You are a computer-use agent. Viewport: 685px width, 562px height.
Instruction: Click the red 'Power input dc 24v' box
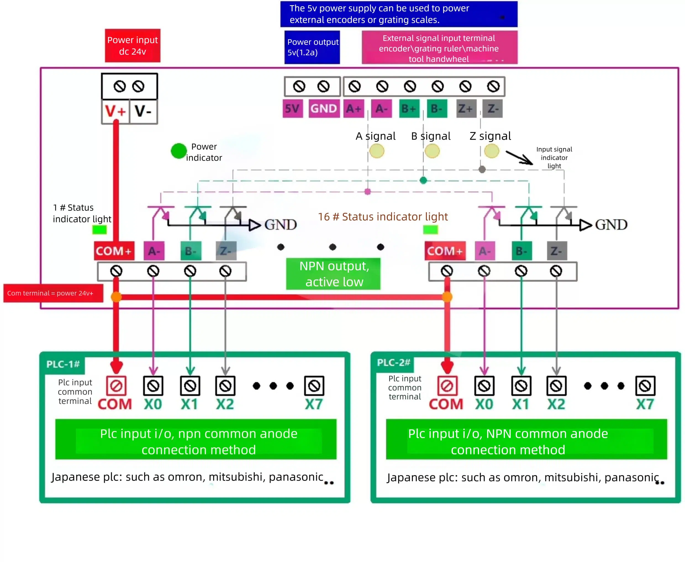133,46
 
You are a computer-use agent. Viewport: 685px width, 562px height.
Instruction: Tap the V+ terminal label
115,111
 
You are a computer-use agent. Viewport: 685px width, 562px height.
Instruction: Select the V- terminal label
143,111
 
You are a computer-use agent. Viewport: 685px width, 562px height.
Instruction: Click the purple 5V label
292,109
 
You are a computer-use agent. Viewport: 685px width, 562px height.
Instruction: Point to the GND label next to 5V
323,109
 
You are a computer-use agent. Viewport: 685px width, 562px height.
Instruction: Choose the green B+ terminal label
409,109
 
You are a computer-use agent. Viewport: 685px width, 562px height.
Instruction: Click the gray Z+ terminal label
465,109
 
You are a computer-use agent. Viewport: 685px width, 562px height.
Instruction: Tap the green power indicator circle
178,151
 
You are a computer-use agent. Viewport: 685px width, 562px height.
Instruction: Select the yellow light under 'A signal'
377,151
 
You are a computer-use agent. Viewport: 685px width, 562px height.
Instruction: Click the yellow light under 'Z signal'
491,151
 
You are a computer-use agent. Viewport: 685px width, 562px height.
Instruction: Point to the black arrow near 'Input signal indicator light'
519,158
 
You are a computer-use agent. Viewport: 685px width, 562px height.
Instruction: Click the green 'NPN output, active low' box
333,274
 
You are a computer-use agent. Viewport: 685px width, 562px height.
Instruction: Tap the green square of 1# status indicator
99,230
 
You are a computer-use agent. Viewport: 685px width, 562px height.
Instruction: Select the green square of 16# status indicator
430,230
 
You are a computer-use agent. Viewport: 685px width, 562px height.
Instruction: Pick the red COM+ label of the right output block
445,251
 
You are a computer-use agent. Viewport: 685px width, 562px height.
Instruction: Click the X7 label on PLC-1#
313,404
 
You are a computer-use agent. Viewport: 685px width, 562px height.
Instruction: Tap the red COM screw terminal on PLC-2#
447,386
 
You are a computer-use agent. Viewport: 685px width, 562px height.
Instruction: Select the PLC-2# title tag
394,363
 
